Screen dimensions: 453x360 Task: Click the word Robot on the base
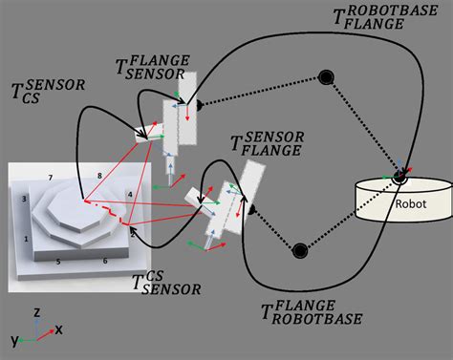(x=411, y=203)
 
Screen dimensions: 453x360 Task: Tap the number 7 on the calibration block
(x=51, y=178)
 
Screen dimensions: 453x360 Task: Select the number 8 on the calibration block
(x=99, y=176)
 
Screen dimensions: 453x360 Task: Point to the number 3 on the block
(x=24, y=200)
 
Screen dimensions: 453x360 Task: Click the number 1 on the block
(x=27, y=239)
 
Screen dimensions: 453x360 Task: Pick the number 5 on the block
(x=58, y=262)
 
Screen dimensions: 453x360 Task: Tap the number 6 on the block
(x=105, y=261)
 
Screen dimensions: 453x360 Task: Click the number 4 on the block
(x=130, y=194)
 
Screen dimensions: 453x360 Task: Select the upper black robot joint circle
(x=326, y=77)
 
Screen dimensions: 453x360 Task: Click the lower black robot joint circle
(x=300, y=250)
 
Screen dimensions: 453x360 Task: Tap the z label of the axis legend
(x=37, y=312)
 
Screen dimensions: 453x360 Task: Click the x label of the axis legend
(x=58, y=329)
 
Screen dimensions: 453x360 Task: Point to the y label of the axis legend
(x=14, y=341)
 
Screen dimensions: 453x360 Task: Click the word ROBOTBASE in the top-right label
(x=393, y=11)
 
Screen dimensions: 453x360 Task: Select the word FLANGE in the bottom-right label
(x=304, y=306)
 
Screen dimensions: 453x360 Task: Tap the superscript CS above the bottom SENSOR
(x=155, y=276)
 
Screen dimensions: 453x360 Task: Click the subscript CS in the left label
(x=31, y=98)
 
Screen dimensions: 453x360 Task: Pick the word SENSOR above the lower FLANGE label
(x=274, y=137)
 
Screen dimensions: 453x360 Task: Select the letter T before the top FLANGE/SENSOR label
(x=121, y=67)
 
